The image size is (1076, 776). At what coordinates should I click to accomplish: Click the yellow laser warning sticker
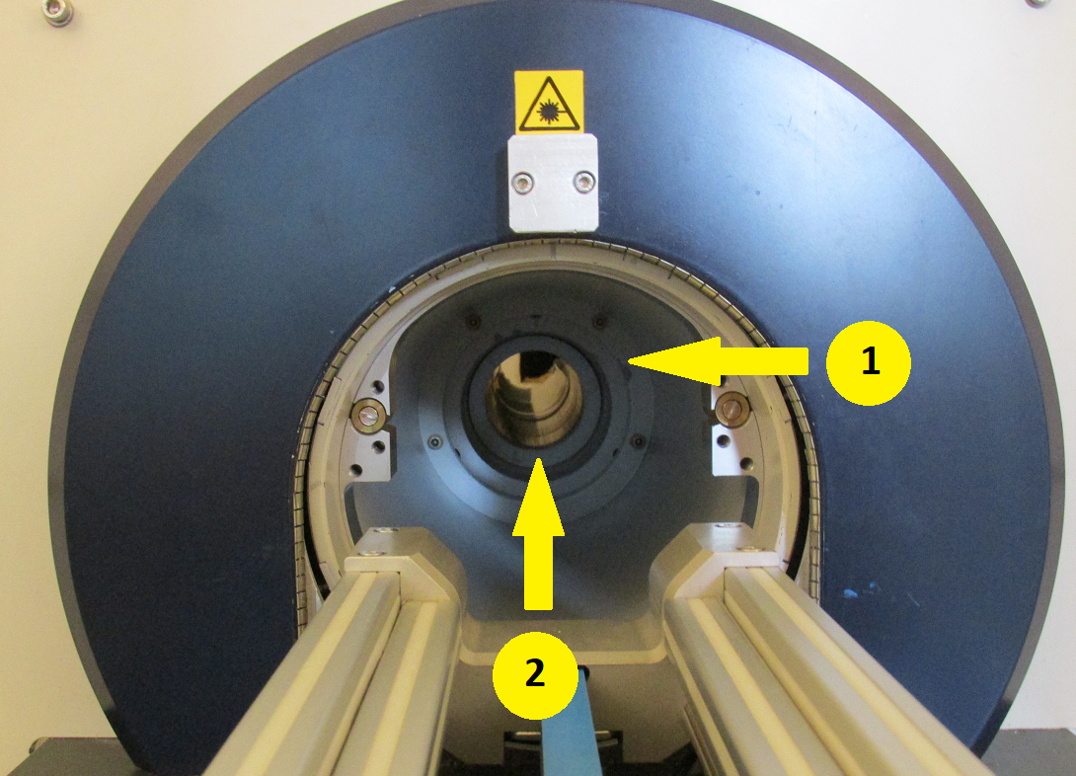549,102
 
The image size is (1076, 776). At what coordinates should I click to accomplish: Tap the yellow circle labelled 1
868,362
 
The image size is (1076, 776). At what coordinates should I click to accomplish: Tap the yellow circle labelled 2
535,675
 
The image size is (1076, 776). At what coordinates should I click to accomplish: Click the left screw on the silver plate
523,183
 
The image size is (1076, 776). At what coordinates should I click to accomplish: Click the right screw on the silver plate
584,182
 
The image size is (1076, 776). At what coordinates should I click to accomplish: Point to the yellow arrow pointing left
718,361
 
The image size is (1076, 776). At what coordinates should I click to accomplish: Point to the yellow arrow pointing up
538,534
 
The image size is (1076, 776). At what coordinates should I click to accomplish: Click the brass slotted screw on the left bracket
368,415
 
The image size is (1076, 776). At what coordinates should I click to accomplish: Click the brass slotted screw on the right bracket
732,410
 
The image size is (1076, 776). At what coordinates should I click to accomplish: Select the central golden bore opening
534,398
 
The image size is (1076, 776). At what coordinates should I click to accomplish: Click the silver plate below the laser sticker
553,183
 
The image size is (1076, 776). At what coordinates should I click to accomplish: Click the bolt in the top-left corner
57,12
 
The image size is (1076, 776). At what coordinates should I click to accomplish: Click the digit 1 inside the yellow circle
870,361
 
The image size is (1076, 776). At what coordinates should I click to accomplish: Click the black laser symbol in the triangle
548,109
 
